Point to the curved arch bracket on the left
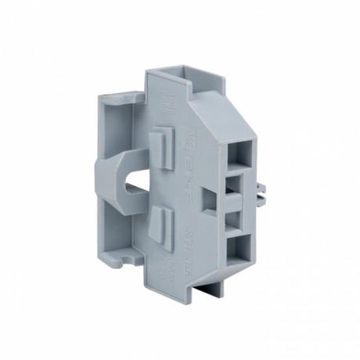pos(110,188)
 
